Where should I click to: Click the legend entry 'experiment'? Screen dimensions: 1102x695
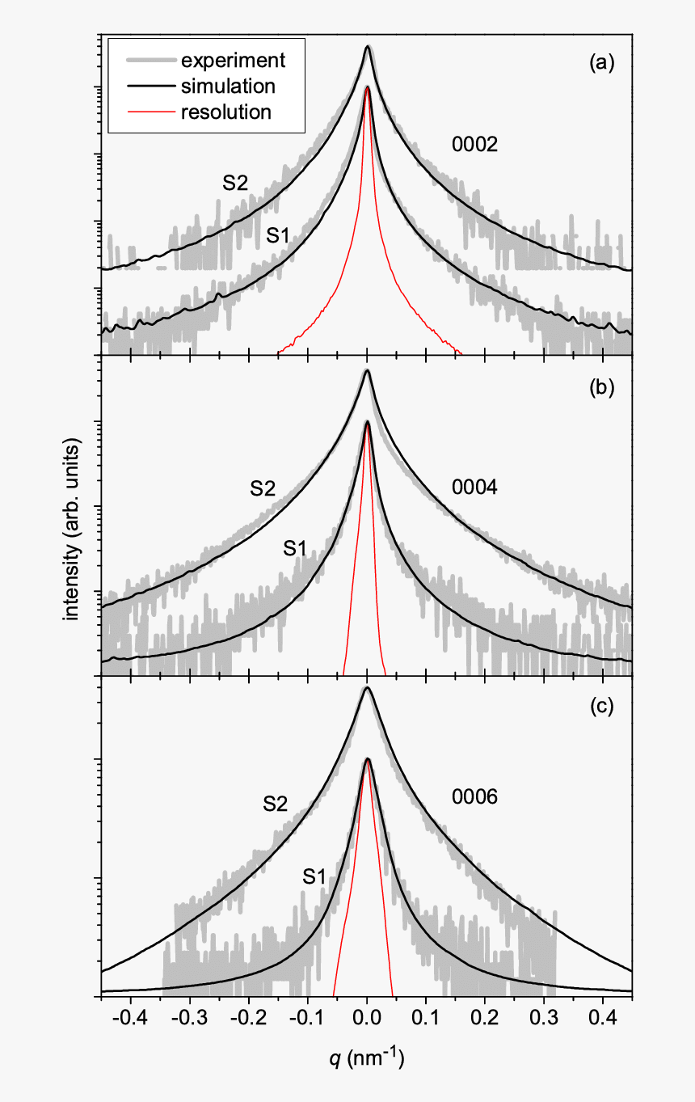tap(233, 60)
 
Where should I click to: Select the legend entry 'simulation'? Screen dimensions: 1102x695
tap(229, 86)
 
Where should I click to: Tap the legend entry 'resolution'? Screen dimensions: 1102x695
tap(226, 112)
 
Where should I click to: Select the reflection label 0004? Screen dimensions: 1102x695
tap(474, 488)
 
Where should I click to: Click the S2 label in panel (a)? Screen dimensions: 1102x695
tap(235, 182)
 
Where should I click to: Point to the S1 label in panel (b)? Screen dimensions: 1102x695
tap(294, 548)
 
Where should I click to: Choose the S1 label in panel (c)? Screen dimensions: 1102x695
tap(314, 875)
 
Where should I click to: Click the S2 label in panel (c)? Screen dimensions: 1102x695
tap(275, 804)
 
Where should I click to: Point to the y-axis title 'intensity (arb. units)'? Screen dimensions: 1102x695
tap(74, 530)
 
